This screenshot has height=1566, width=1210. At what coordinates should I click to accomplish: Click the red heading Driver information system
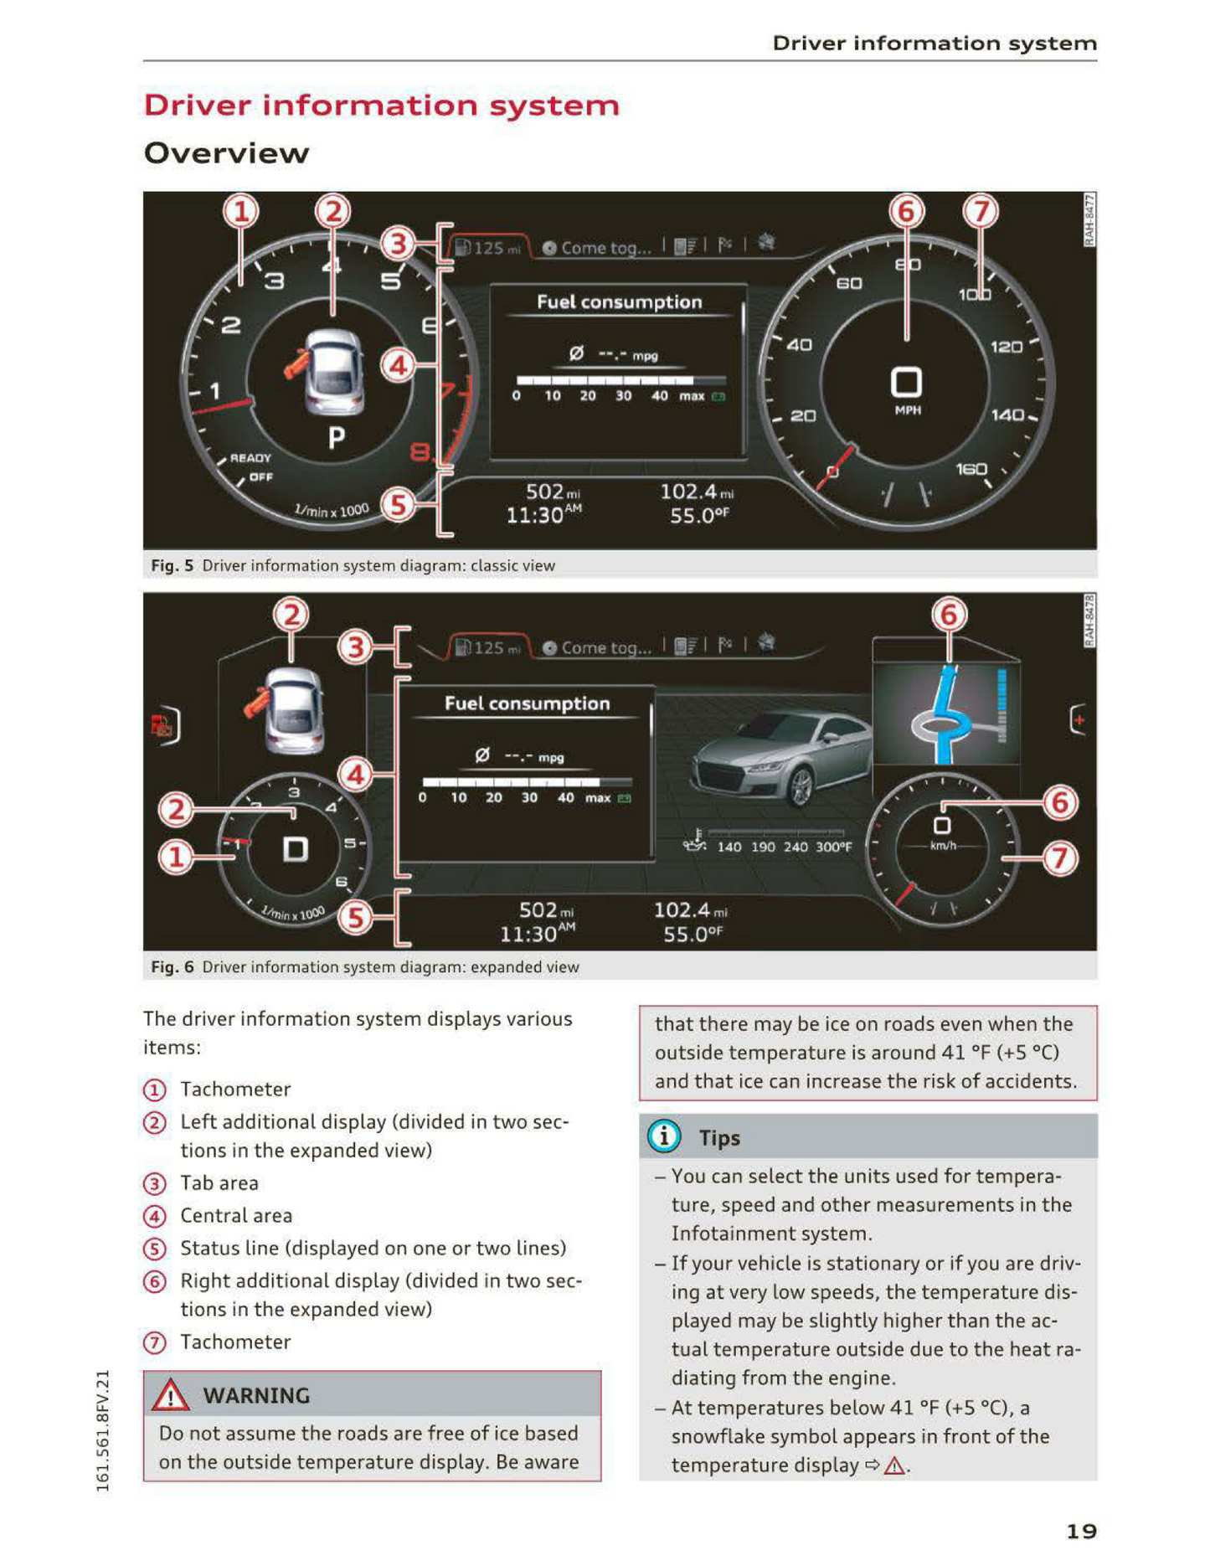tap(381, 106)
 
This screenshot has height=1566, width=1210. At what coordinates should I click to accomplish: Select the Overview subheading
tap(226, 153)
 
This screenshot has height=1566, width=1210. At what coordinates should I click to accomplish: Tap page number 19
tap(1081, 1532)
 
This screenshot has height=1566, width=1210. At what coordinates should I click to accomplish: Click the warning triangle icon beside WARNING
tap(171, 1394)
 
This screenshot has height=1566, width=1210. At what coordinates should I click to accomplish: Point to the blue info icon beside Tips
tap(663, 1136)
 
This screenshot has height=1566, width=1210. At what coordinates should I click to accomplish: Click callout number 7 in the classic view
tap(981, 211)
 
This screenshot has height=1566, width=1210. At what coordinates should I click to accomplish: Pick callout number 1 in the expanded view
tap(176, 858)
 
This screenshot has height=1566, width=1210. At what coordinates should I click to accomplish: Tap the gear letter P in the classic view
tap(336, 437)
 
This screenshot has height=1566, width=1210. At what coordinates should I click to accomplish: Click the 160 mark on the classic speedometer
tap(971, 469)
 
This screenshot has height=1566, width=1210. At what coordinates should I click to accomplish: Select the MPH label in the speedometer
tap(908, 410)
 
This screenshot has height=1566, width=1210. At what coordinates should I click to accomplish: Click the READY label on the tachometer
tap(250, 458)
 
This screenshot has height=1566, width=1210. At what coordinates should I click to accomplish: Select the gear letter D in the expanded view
tap(295, 849)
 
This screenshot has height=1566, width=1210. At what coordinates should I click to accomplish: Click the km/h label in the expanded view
tap(943, 846)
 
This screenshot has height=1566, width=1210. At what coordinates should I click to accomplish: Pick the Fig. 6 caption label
tap(172, 966)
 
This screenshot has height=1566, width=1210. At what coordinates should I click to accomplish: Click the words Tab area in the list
tap(219, 1182)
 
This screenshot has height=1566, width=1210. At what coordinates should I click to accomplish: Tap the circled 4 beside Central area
tap(155, 1216)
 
